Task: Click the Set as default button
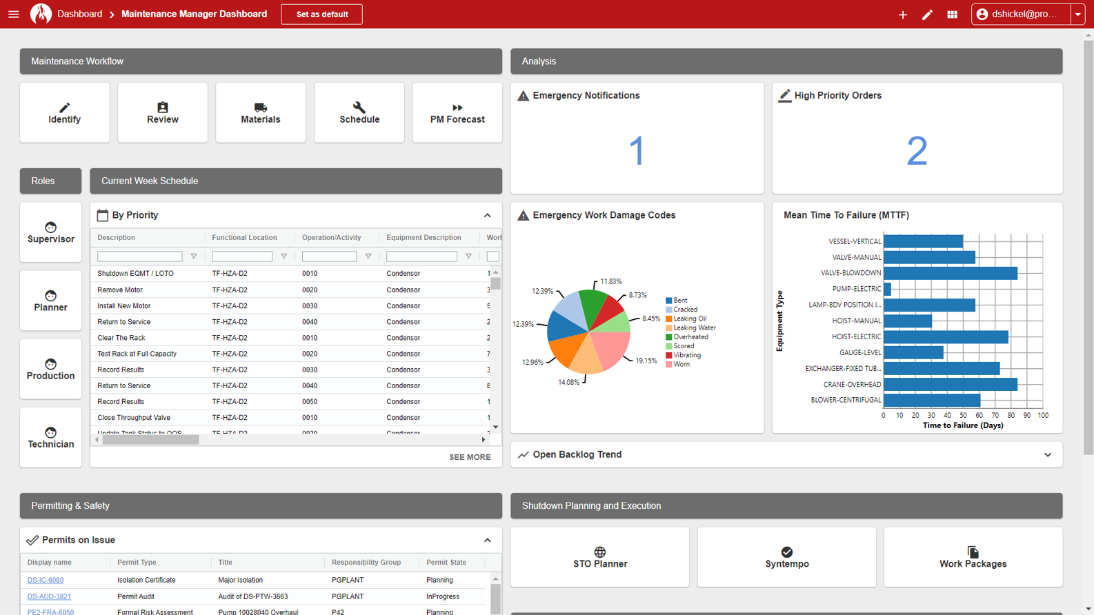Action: pyautogui.click(x=321, y=14)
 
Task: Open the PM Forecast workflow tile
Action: pyautogui.click(x=457, y=113)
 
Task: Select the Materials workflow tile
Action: pyautogui.click(x=260, y=113)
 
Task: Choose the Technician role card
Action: pyautogui.click(x=50, y=438)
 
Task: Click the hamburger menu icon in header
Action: pyautogui.click(x=14, y=14)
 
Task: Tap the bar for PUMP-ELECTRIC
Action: pyautogui.click(x=887, y=289)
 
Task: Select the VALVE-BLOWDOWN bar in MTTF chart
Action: pyautogui.click(x=950, y=273)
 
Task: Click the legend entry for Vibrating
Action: pyautogui.click(x=686, y=355)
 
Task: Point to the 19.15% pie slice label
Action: pyautogui.click(x=646, y=361)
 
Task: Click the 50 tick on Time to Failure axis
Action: pyautogui.click(x=963, y=416)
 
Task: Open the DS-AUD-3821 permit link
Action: pyautogui.click(x=49, y=596)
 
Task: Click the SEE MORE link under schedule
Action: pyautogui.click(x=470, y=457)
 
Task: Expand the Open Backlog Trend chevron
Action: pyautogui.click(x=1048, y=455)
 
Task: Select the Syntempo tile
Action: pyautogui.click(x=786, y=557)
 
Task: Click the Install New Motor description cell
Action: pyautogui.click(x=124, y=306)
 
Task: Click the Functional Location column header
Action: pyautogui.click(x=244, y=238)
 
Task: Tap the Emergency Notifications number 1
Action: pyautogui.click(x=637, y=150)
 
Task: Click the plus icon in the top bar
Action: pyautogui.click(x=902, y=14)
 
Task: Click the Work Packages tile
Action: pyautogui.click(x=973, y=557)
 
